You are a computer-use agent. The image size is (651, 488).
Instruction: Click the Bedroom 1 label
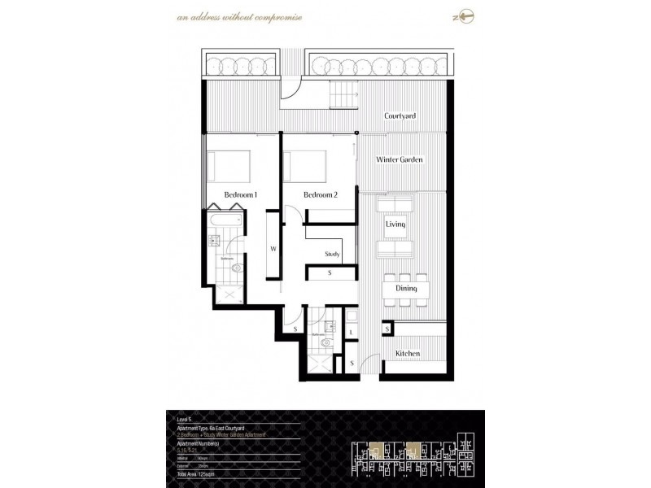(x=241, y=195)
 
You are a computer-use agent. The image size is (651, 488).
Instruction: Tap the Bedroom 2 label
(x=320, y=195)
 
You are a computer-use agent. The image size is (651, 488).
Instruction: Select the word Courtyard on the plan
(x=400, y=116)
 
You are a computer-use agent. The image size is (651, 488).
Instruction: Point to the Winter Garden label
(x=400, y=160)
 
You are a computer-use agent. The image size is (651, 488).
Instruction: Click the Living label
(x=395, y=224)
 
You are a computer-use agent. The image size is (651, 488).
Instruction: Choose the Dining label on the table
(x=406, y=289)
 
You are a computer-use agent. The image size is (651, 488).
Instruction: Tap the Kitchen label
(x=408, y=354)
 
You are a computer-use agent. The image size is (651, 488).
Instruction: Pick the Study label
(x=332, y=254)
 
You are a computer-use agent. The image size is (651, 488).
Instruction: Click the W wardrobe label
(x=273, y=250)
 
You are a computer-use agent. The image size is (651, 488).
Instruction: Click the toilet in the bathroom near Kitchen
(x=325, y=344)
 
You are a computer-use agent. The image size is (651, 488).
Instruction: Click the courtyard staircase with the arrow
(x=344, y=95)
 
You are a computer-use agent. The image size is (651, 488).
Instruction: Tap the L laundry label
(x=351, y=333)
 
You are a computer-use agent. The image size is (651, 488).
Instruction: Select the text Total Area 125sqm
(x=194, y=473)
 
